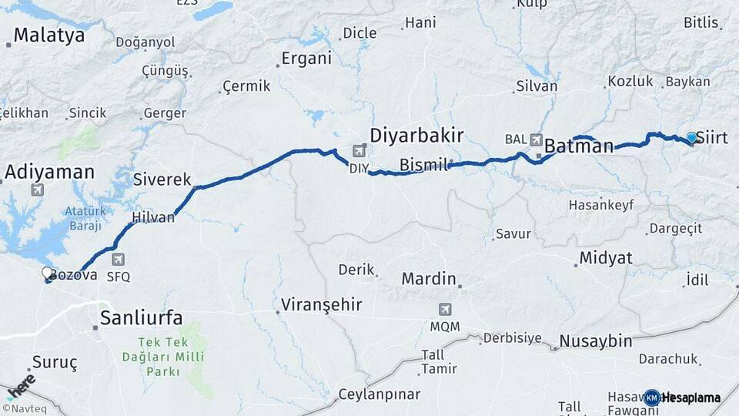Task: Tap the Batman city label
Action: pos(579,146)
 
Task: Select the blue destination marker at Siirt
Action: pos(691,138)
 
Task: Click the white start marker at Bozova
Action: pos(48,273)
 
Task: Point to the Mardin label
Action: pos(429,278)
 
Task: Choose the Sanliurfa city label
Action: pos(142,317)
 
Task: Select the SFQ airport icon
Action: pos(118,260)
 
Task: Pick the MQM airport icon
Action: pos(445,310)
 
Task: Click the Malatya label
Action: pos(48,35)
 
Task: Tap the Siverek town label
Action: pos(162,179)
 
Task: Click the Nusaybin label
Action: pos(595,341)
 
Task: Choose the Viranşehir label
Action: pos(321,304)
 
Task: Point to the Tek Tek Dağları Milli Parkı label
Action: pos(162,356)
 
